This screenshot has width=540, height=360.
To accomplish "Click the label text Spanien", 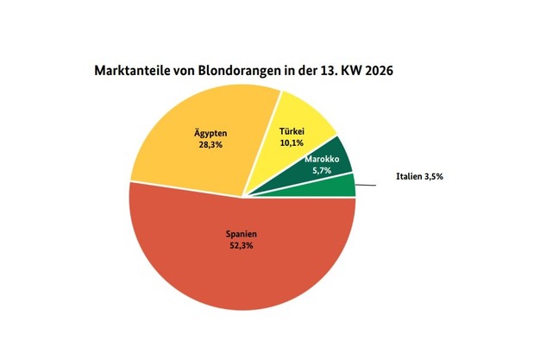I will point(242,233).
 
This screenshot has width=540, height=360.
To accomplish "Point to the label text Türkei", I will point(292,132).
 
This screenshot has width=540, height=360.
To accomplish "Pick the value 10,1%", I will point(292,143).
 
